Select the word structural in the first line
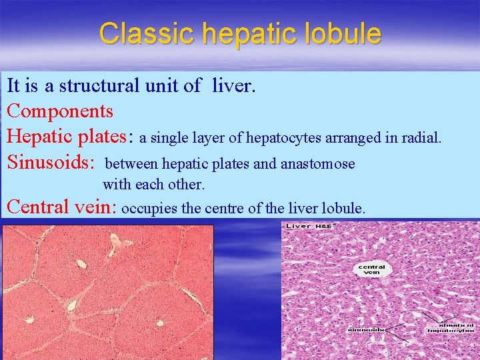point(100,86)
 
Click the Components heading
point(60,110)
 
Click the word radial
point(423,137)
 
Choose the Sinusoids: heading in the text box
point(52,162)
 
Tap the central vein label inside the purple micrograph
point(371,270)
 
